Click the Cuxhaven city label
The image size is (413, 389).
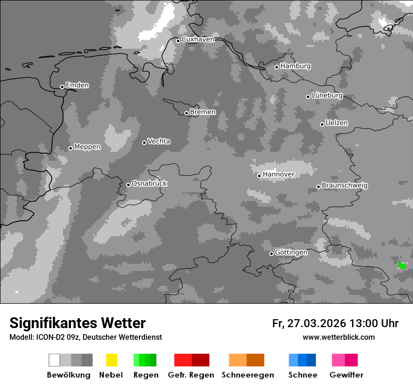coord(198,39)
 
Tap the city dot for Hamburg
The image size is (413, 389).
coord(277,67)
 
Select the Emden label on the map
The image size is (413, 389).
coord(77,85)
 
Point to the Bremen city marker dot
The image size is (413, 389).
coord(186,113)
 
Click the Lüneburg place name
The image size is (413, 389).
coord(327,96)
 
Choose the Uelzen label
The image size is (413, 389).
coord(337,123)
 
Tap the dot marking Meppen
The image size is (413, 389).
coord(70,148)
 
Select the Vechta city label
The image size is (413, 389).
coord(159,141)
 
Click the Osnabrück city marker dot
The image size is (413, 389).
coord(128,185)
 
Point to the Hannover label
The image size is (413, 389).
coord(278,174)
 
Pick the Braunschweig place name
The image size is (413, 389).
coord(344,186)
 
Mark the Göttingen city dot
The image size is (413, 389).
coord(271,254)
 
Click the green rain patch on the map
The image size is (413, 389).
coord(402,265)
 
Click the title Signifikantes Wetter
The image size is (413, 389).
coord(77,323)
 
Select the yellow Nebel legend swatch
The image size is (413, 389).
coord(111,360)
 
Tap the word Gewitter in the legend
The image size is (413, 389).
coord(346,375)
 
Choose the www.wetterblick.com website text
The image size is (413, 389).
coord(338,337)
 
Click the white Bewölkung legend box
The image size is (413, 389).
coord(54,360)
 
